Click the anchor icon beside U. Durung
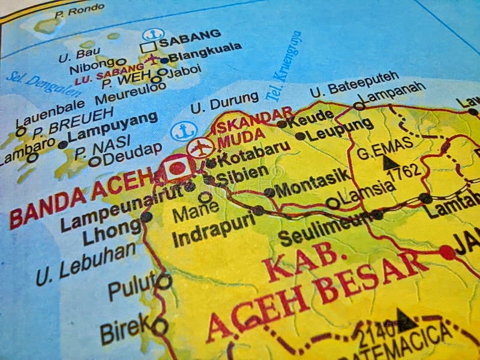coord(182,131)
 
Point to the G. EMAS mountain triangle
coord(391,161)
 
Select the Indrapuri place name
coord(213,229)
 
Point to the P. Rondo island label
coord(79,10)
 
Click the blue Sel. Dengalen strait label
coord(43,85)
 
